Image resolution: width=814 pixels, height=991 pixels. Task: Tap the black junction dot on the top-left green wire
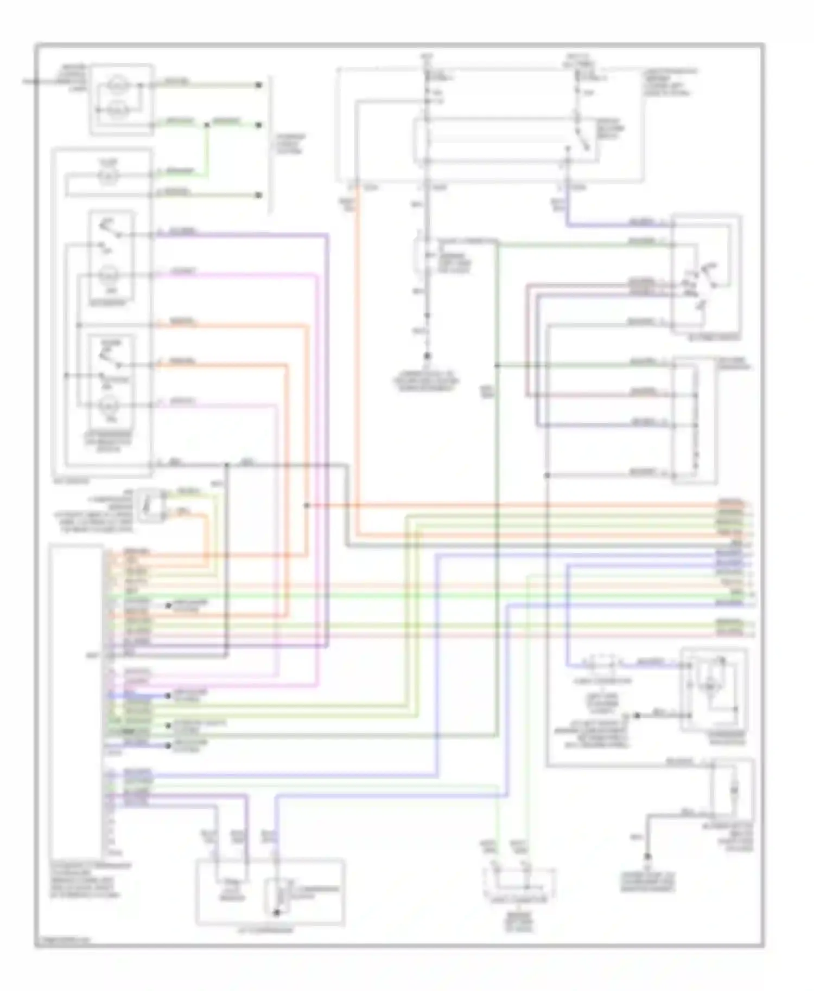207,125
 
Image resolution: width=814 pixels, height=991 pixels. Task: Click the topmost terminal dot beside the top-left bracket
259,85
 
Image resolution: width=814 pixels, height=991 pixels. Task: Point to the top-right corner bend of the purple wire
328,235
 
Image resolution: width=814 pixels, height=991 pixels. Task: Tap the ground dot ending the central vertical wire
427,356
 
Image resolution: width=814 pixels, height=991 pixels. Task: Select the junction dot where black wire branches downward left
227,465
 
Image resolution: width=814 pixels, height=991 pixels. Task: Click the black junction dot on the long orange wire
307,505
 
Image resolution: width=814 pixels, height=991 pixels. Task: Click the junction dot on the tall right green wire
497,366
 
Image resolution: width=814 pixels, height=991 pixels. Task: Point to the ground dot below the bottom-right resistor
647,857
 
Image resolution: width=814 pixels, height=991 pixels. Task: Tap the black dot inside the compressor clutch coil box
277,913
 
